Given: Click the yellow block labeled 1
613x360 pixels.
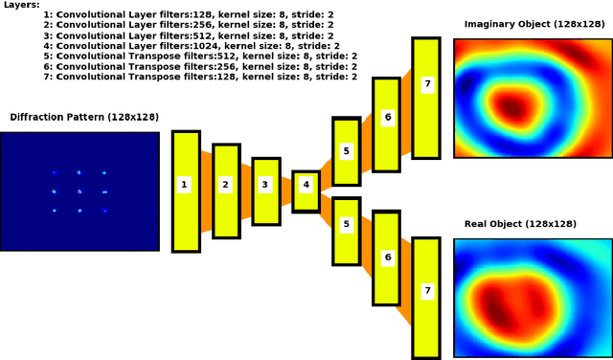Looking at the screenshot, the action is click(185, 191).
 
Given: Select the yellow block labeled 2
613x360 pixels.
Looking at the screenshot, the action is click(226, 191).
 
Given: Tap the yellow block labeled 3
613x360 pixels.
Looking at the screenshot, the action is click(266, 191).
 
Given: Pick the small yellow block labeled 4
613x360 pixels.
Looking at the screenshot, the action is click(306, 191).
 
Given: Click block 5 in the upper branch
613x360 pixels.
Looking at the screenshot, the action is click(346, 151).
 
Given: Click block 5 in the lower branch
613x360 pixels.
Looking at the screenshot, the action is click(346, 231).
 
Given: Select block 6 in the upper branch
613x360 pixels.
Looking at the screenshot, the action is click(387, 117).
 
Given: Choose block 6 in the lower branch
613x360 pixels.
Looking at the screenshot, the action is click(387, 258).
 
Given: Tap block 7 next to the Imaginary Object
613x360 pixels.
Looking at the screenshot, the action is click(427, 97).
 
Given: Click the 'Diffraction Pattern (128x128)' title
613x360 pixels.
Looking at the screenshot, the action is click(84, 118).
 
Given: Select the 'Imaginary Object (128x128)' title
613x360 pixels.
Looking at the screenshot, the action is click(533, 23).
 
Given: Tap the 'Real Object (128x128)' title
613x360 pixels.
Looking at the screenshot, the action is click(521, 224).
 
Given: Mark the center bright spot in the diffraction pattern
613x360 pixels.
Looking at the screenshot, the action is click(79, 191).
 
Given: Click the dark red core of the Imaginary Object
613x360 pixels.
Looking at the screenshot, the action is click(516, 102).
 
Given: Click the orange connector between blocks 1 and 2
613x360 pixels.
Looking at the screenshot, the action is click(206, 191).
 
